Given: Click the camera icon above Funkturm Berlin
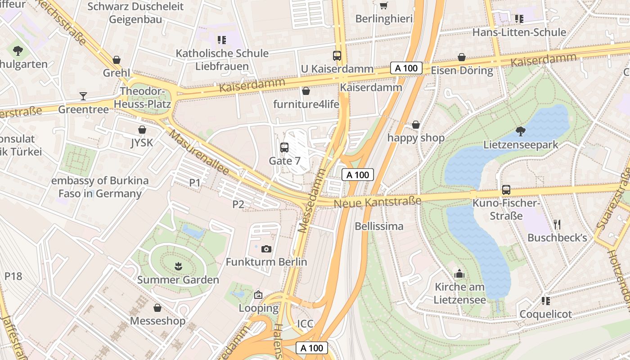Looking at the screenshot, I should pos(266,249).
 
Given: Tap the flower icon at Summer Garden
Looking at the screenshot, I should pos(178,266).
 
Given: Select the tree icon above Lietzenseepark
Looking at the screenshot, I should pos(521,131).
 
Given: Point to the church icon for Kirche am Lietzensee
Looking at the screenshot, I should pos(459,274).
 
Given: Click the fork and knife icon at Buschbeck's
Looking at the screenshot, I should pos(557,225).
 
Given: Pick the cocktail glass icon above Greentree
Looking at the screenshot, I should pos(83,96).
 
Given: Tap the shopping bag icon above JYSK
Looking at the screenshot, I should pos(142,130).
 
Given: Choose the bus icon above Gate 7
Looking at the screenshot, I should pos(284,147).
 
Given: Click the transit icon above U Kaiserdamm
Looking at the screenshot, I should pos(337,55).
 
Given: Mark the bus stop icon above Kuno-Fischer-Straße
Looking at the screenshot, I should pos(506,190).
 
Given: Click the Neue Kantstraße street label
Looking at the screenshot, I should pos(377,202).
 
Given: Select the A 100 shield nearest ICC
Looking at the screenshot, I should pos(312,348).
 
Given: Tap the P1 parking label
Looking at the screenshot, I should pos(194,182).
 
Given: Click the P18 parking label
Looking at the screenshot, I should pos(13,276).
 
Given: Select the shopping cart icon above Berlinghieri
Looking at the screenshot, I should pos(383,5).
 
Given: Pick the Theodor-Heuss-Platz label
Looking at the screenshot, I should pos(142,98).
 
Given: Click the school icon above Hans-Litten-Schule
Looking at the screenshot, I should pos(519,19).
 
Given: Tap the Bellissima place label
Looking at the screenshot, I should pos(379,226).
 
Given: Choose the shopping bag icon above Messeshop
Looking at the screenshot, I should pos(157,308).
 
